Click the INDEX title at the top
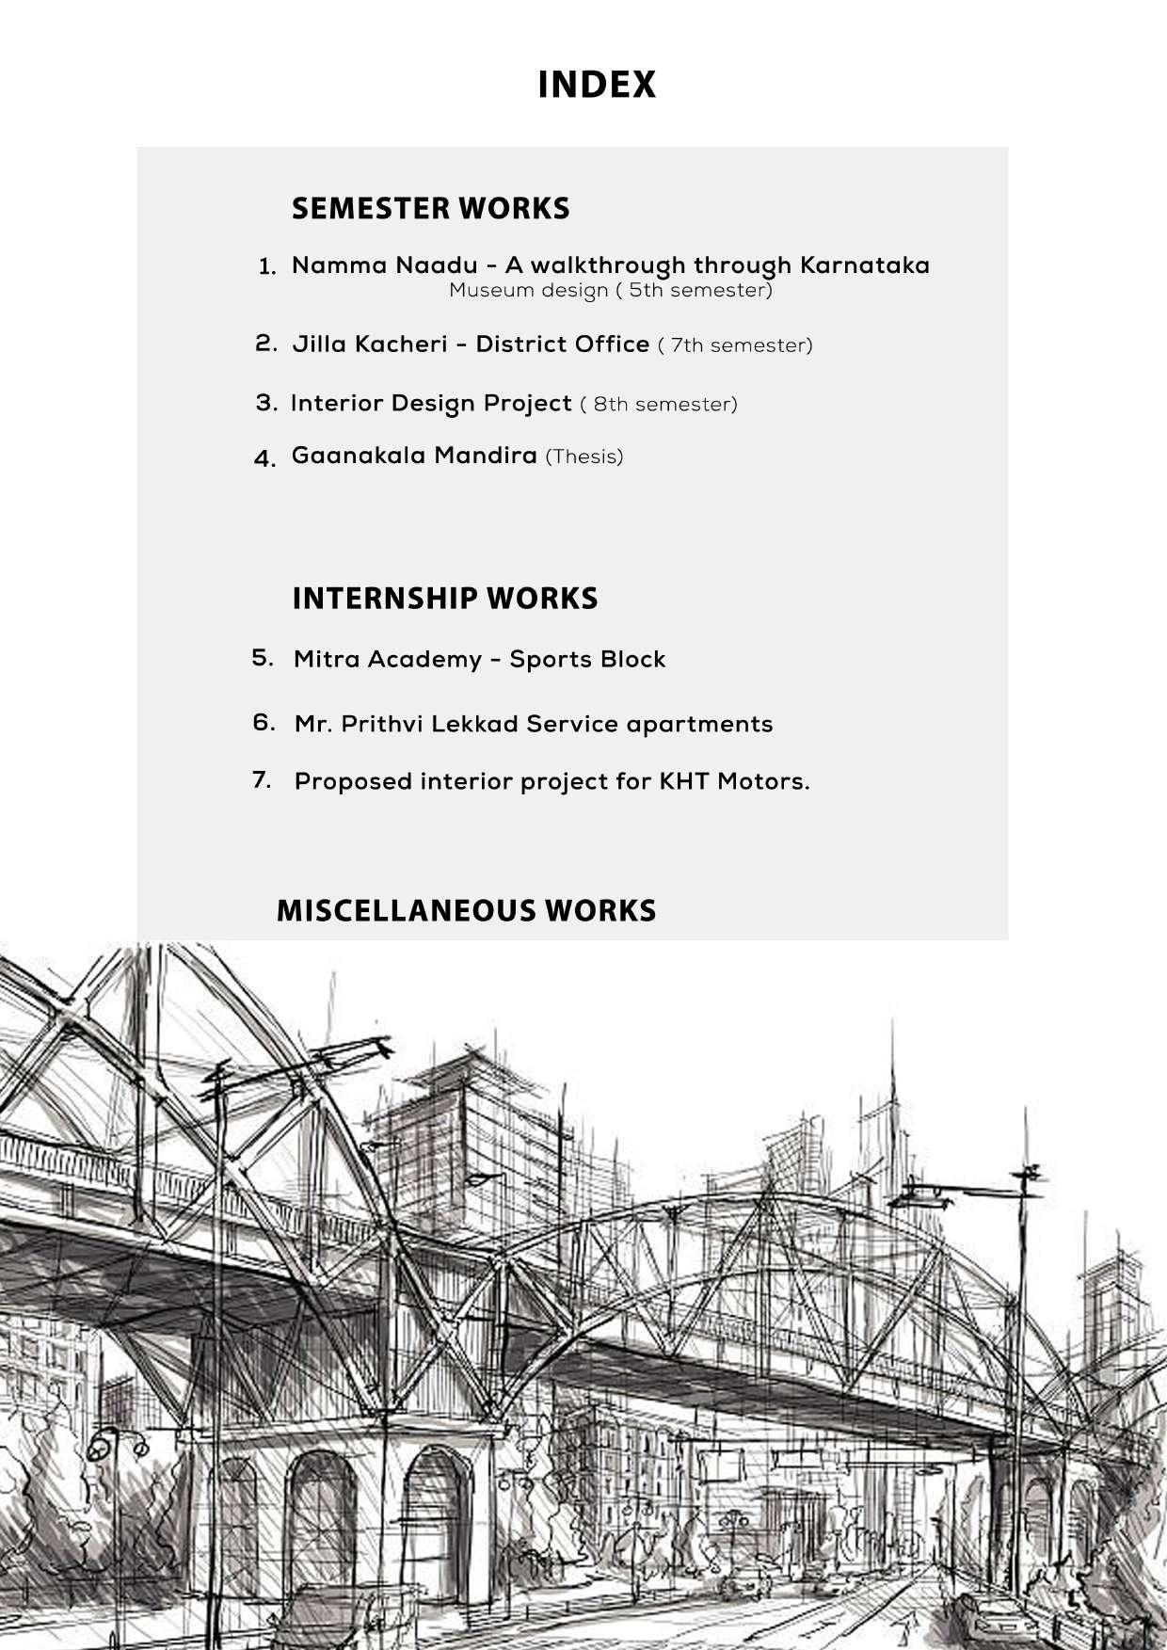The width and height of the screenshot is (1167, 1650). [596, 85]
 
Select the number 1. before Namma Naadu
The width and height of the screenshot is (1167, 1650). [267, 267]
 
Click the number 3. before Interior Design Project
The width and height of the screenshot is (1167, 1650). [266, 403]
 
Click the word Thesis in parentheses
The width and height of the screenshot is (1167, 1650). [584, 457]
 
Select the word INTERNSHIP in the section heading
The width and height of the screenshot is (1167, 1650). [385, 599]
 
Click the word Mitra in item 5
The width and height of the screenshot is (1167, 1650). [327, 659]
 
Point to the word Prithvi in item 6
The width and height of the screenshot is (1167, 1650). [381, 725]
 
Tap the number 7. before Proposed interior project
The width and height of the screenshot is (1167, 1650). [262, 780]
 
